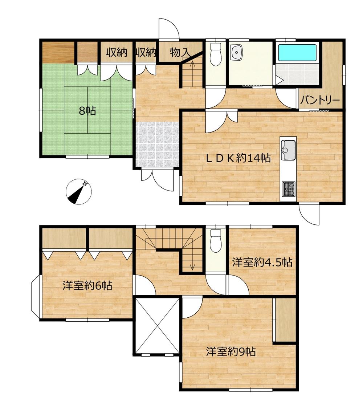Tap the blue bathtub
(297, 53)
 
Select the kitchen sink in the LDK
(288, 150)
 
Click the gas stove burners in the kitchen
(288, 189)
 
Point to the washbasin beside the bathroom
(237, 52)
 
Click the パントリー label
(320, 100)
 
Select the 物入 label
(180, 52)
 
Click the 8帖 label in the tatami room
(88, 111)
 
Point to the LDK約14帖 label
(238, 158)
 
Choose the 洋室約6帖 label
(87, 285)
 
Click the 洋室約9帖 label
(231, 351)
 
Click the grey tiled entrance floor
(158, 144)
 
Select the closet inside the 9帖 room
(285, 320)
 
